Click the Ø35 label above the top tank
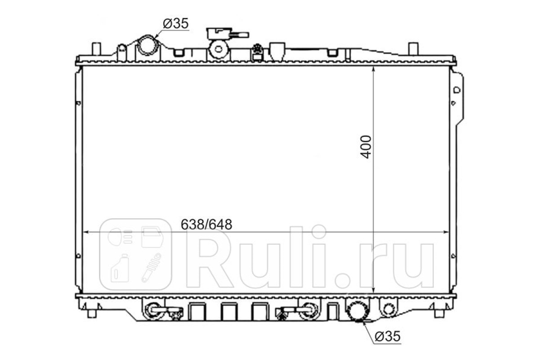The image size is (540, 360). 175,24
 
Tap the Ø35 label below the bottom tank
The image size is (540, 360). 387,336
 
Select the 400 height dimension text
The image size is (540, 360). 366,147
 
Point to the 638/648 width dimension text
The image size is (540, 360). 207,225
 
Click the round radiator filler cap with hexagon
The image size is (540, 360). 218,49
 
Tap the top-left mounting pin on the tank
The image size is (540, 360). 96,49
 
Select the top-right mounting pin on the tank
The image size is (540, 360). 414,49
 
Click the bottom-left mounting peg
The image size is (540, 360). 92,314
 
